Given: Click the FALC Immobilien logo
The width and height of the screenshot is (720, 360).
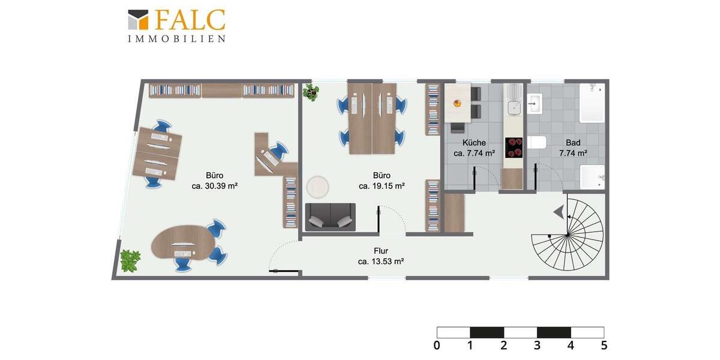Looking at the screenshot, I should click(x=176, y=26).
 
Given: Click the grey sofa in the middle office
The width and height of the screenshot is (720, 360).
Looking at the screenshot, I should click(x=330, y=217).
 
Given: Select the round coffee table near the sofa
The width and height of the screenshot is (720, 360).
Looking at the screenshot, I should click(x=318, y=187).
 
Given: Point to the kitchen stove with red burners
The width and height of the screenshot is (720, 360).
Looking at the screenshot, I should click(x=514, y=148).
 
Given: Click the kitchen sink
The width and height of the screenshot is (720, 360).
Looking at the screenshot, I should click(x=514, y=107).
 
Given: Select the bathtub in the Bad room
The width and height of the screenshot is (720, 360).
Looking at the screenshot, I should click(x=592, y=102).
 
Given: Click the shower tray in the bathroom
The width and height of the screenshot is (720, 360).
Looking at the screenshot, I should click(x=592, y=176).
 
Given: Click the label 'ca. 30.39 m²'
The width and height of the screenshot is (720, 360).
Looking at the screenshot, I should click(x=214, y=186).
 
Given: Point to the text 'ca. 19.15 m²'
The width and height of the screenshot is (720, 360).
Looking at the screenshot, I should click(x=381, y=186).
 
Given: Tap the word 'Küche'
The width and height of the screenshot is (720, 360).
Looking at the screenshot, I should click(x=473, y=143).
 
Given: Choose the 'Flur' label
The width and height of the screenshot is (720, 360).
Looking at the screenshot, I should click(x=380, y=251).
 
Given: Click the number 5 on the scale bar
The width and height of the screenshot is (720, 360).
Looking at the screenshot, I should click(x=604, y=346).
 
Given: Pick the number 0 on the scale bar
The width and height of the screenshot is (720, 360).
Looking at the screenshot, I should click(x=437, y=346).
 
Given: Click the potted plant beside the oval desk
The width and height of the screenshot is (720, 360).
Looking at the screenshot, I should click(x=130, y=261).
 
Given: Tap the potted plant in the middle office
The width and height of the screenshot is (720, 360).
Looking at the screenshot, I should click(x=311, y=92).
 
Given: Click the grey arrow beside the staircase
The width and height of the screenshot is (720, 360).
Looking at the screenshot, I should click(x=559, y=211).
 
